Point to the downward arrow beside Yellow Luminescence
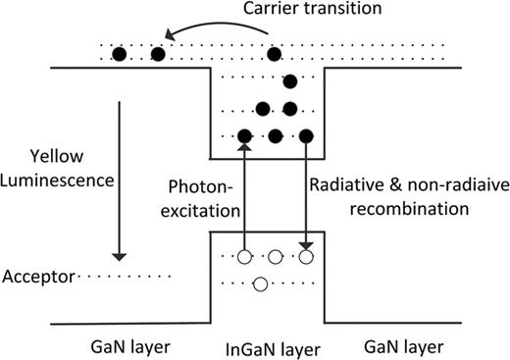[118, 176]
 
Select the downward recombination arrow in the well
[306, 196]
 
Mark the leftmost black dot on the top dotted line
[119, 54]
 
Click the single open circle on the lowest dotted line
[260, 285]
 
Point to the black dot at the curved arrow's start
[276, 54]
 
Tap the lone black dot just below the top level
[290, 81]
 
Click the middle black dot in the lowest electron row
[276, 135]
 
